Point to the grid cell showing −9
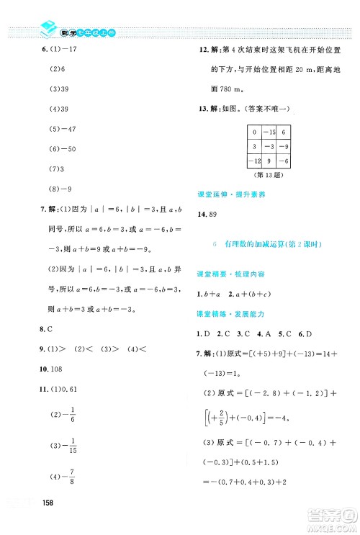284,146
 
